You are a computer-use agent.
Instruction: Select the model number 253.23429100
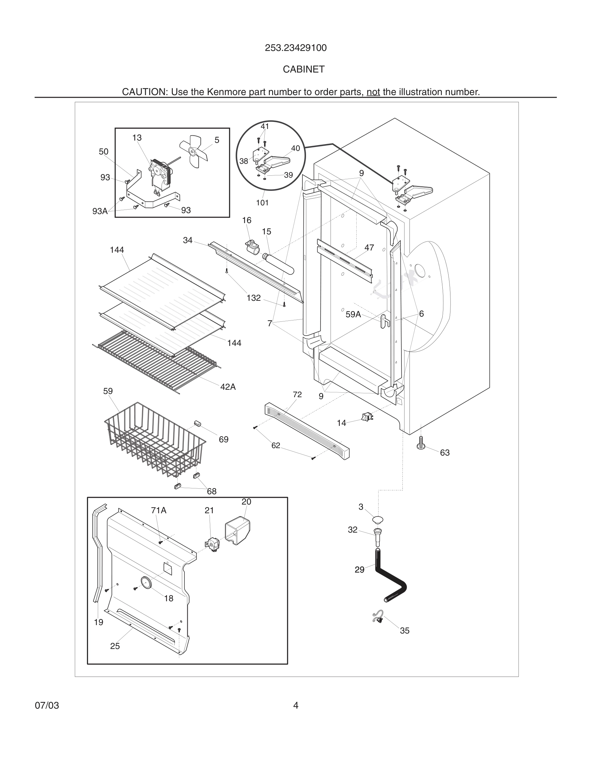click(296, 48)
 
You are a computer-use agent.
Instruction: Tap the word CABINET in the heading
click(304, 69)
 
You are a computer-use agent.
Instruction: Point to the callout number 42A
click(228, 387)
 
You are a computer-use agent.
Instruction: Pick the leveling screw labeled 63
click(421, 443)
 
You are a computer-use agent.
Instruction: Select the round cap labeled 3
click(378, 519)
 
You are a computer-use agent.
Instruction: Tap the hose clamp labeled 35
click(378, 617)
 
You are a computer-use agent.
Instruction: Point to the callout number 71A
click(159, 511)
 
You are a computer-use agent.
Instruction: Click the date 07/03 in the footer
click(47, 705)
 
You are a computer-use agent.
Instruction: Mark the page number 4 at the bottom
click(296, 705)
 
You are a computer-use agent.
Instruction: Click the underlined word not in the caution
click(373, 92)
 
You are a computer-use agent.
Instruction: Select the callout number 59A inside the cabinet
click(353, 315)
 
